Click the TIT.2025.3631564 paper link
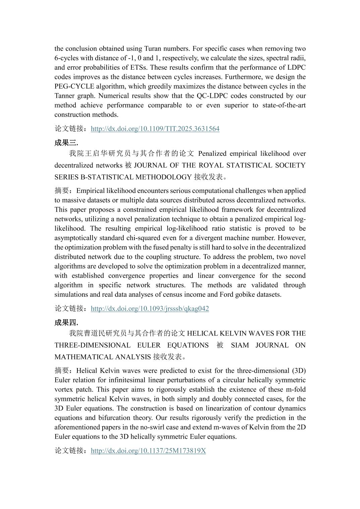[x=155, y=129]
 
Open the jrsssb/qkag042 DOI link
[x=149, y=309]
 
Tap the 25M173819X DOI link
[x=148, y=451]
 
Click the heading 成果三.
[x=66, y=143]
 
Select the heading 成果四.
[x=66, y=322]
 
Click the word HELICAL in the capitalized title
[x=201, y=334]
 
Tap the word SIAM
[x=240, y=345]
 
